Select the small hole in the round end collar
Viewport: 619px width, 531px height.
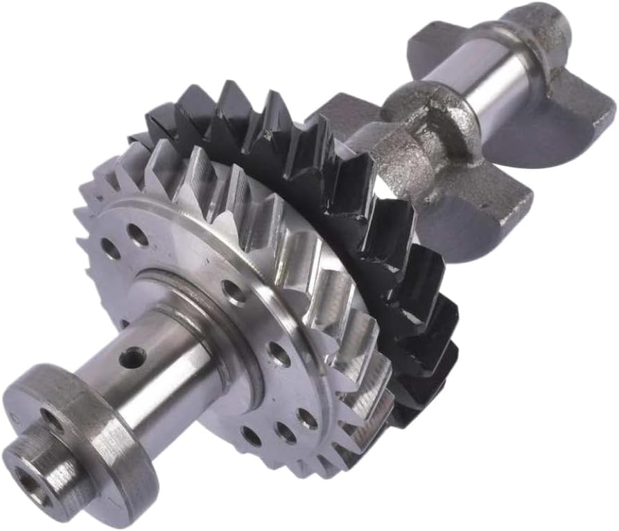click(49, 417)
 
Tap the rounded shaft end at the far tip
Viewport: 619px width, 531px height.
click(548, 24)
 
